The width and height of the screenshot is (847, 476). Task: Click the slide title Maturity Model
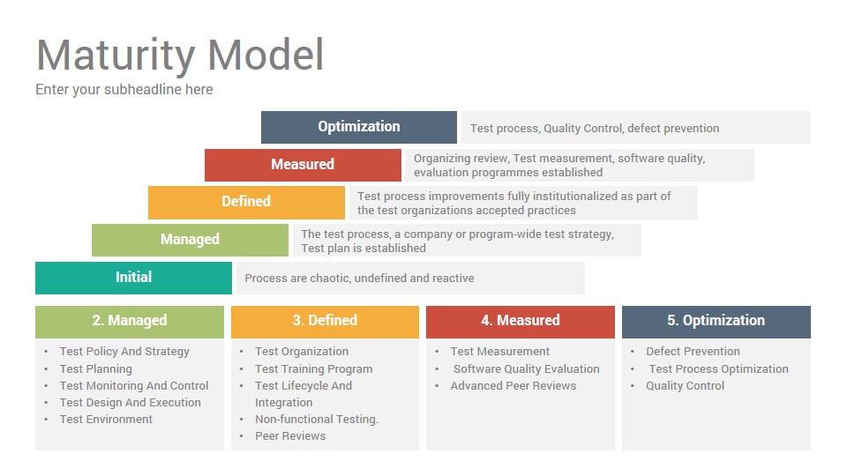[180, 55]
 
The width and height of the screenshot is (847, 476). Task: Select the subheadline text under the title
[124, 90]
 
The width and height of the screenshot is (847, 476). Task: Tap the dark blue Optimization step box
[359, 127]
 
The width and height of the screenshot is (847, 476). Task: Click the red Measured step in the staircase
[303, 165]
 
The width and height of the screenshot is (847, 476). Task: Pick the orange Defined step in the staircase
[246, 203]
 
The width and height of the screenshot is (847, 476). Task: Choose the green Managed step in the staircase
[191, 240]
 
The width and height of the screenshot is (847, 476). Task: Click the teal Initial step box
[133, 278]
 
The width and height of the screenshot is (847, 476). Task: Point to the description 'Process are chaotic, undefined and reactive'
[359, 278]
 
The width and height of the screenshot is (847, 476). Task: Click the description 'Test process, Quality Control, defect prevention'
[594, 129]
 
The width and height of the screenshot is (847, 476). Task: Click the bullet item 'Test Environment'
[106, 420]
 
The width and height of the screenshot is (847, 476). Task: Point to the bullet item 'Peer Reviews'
[290, 436]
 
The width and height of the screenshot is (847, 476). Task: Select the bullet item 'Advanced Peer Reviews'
[513, 386]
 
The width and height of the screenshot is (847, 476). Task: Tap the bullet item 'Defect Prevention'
[693, 352]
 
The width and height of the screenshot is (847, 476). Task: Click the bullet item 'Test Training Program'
[313, 369]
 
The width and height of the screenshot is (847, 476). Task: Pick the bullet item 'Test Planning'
[95, 369]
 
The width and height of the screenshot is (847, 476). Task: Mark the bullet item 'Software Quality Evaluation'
[526, 369]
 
